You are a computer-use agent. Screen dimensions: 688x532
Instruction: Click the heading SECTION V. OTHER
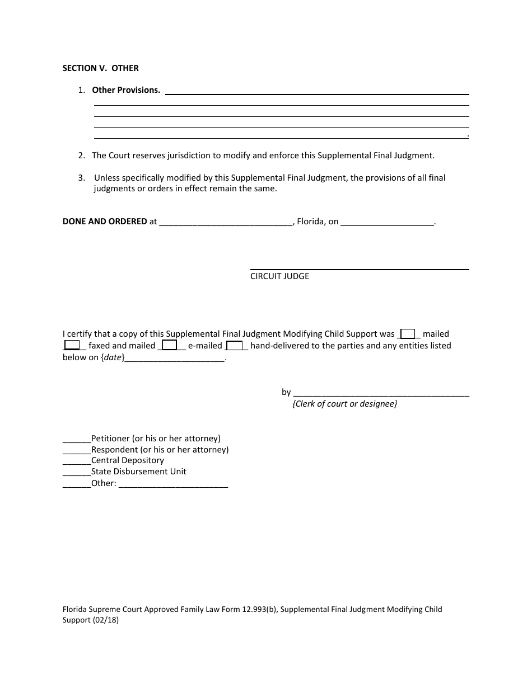pyautogui.click(x=100, y=68)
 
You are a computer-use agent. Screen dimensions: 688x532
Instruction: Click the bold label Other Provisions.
pyautogui.click(x=126, y=90)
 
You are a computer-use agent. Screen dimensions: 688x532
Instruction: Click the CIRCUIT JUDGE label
pyautogui.click(x=279, y=276)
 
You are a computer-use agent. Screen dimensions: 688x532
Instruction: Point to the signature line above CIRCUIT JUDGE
pyautogui.click(x=359, y=270)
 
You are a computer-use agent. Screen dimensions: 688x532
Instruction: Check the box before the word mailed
pyautogui.click(x=408, y=334)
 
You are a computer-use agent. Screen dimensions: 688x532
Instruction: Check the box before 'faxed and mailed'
pyautogui.click(x=72, y=346)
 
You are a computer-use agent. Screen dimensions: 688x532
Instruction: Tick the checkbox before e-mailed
pyautogui.click(x=170, y=346)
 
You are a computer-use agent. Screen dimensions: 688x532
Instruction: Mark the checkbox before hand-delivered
pyautogui.click(x=234, y=346)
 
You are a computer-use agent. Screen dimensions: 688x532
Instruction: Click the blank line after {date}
pyautogui.click(x=174, y=359)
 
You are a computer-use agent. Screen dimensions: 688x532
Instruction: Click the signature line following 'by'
pyautogui.click(x=381, y=394)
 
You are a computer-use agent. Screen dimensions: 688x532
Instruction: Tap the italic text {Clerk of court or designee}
pyautogui.click(x=344, y=404)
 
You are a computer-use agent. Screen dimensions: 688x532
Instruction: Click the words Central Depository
pyautogui.click(x=128, y=460)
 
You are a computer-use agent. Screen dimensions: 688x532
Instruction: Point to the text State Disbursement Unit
pyautogui.click(x=139, y=472)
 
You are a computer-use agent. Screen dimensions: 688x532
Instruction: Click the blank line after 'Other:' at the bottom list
pyautogui.click(x=174, y=485)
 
